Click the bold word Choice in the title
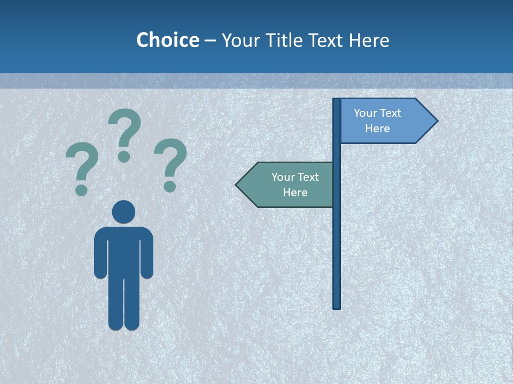(x=167, y=40)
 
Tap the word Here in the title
(x=369, y=40)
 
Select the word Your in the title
(x=240, y=40)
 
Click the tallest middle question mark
(x=125, y=131)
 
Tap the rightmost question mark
(x=170, y=160)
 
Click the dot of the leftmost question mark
(x=81, y=190)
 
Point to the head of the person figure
(x=123, y=212)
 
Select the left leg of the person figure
(x=115, y=304)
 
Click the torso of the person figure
(x=123, y=251)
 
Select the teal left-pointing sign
(x=289, y=185)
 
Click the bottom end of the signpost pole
(x=337, y=307)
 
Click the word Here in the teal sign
(x=295, y=193)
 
